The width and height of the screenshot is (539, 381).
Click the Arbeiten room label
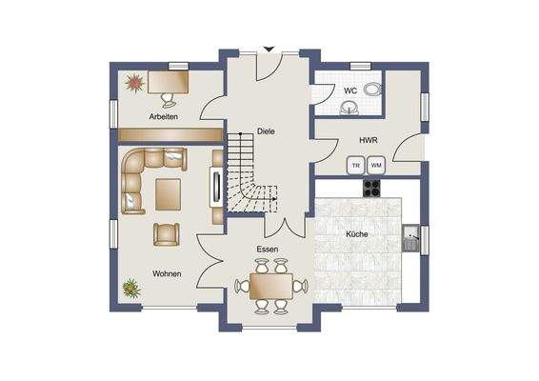pyautogui.click(x=165, y=116)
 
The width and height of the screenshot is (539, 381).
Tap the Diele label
pyautogui.click(x=266, y=131)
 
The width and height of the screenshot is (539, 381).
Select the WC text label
pyautogui.click(x=350, y=91)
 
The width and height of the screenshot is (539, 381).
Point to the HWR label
pyautogui.click(x=369, y=140)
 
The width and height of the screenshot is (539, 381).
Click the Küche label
pyautogui.click(x=357, y=233)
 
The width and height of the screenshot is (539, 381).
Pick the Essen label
pyautogui.click(x=267, y=250)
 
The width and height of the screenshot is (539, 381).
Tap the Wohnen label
pyautogui.click(x=167, y=273)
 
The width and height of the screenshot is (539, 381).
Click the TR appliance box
pyautogui.click(x=355, y=165)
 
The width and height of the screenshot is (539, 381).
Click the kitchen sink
pyautogui.click(x=411, y=235)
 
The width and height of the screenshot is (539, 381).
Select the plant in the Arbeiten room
pyautogui.click(x=132, y=83)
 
